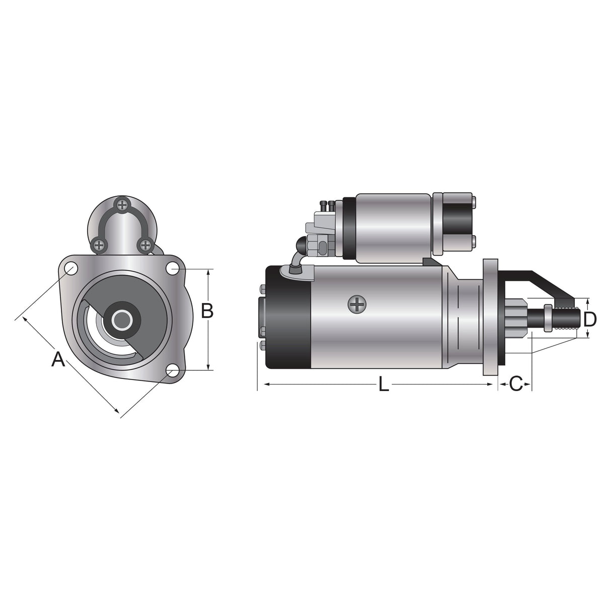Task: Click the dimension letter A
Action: (58, 359)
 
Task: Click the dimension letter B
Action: (207, 311)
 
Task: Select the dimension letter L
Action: (384, 385)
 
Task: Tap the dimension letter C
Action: (515, 384)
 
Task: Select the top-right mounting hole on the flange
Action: (173, 269)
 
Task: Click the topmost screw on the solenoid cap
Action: (122, 204)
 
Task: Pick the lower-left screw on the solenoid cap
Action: (100, 245)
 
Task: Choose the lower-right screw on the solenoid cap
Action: (145, 245)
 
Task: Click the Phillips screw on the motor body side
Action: (357, 304)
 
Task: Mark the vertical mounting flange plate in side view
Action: (490, 317)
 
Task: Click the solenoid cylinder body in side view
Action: (393, 226)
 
